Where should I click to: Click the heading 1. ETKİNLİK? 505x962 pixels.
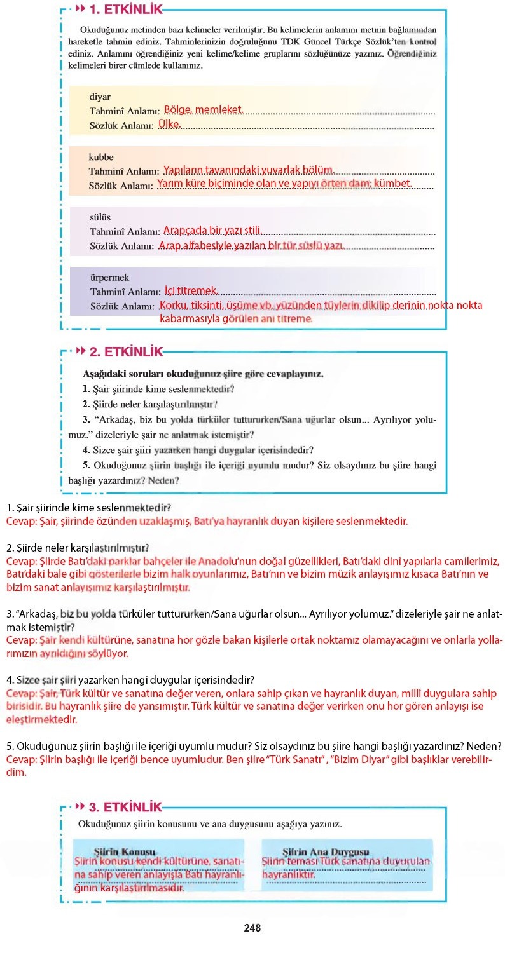pyautogui.click(x=125, y=10)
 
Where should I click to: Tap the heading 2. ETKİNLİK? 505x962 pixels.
pyautogui.click(x=125, y=351)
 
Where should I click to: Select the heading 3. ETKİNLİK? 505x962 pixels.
pyautogui.click(x=125, y=807)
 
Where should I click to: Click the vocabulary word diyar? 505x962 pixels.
pyautogui.click(x=100, y=97)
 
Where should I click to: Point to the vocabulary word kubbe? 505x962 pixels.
pyautogui.click(x=101, y=157)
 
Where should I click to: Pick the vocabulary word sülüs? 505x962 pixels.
pyautogui.click(x=100, y=217)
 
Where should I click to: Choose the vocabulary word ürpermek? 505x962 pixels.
pyautogui.click(x=109, y=278)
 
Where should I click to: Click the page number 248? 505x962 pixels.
pyautogui.click(x=253, y=928)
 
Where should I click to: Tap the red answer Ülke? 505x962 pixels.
pyautogui.click(x=169, y=125)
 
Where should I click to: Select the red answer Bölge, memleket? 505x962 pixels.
pyautogui.click(x=203, y=110)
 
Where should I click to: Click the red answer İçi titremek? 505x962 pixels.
pyautogui.click(x=191, y=291)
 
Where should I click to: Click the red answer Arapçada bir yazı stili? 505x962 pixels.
pyautogui.click(x=212, y=231)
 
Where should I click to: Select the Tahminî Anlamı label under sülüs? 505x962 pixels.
pyautogui.click(x=123, y=232)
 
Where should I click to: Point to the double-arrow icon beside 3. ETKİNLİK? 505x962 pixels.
pyautogui.click(x=80, y=807)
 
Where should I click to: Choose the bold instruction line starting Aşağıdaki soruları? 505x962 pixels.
pyautogui.click(x=203, y=374)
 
